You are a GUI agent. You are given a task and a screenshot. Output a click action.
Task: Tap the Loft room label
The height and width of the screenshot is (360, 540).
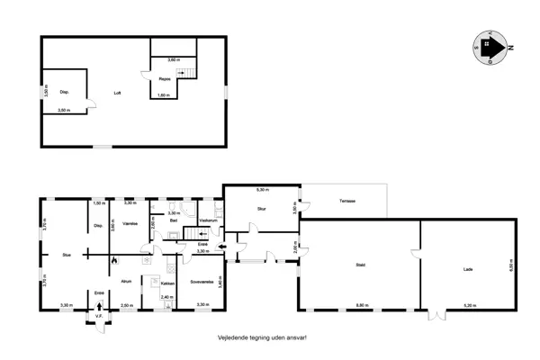click(x=117, y=93)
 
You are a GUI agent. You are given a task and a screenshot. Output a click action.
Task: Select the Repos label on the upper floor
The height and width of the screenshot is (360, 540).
click(x=165, y=79)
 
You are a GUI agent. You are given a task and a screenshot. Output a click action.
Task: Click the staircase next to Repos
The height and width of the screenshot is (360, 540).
click(x=187, y=74)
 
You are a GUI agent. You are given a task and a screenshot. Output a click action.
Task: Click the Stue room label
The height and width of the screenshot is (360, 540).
click(x=66, y=256)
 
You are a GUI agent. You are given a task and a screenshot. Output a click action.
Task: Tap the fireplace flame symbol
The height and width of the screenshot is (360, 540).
click(x=114, y=259)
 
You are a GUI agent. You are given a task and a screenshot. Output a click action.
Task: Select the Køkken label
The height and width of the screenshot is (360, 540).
click(x=168, y=282)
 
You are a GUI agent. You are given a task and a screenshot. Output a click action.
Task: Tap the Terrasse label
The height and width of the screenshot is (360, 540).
click(x=345, y=200)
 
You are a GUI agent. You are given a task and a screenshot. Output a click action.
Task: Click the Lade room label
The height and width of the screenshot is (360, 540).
click(x=469, y=269)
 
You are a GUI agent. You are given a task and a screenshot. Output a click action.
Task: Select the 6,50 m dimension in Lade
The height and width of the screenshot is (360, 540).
click(x=511, y=267)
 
